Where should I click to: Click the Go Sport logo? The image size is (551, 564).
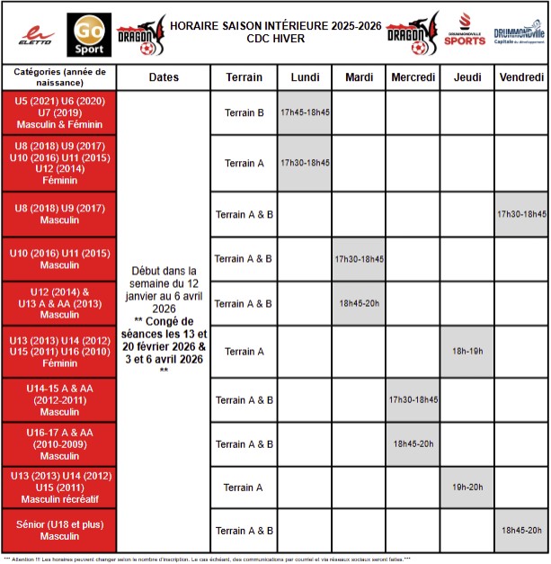tap(90, 33)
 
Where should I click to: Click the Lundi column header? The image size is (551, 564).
tap(305, 77)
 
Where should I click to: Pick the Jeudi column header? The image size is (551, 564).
tap(467, 77)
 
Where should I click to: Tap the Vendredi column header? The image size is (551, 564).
tap(521, 77)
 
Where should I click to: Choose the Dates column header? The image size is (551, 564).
tap(163, 77)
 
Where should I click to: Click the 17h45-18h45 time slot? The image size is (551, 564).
tap(305, 113)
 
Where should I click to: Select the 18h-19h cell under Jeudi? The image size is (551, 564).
tap(467, 351)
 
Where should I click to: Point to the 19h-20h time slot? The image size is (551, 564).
tap(467, 488)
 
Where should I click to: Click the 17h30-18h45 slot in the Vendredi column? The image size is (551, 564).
tap(521, 214)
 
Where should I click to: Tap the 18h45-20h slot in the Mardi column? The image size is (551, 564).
tap(359, 304)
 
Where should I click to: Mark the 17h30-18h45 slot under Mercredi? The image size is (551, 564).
tap(413, 399)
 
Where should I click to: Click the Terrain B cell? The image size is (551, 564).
tap(244, 113)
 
